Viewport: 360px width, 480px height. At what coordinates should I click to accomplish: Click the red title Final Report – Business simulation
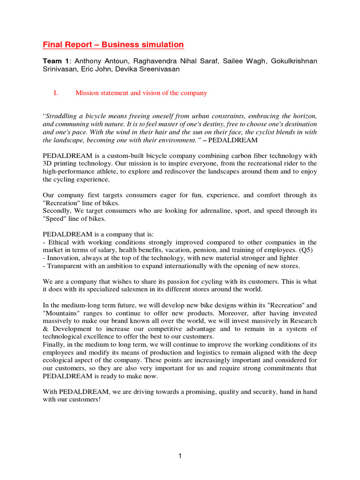coord(113,45)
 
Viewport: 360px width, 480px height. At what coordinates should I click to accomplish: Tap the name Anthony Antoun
coord(97,61)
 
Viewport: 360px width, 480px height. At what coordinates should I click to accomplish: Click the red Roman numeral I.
coord(56,93)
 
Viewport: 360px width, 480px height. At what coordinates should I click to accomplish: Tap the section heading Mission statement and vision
coord(141,93)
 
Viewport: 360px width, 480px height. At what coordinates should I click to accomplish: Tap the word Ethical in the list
coord(58,242)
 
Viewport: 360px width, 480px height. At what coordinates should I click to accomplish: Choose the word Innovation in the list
coord(64,258)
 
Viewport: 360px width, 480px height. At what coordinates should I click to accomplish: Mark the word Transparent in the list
coord(66,266)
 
